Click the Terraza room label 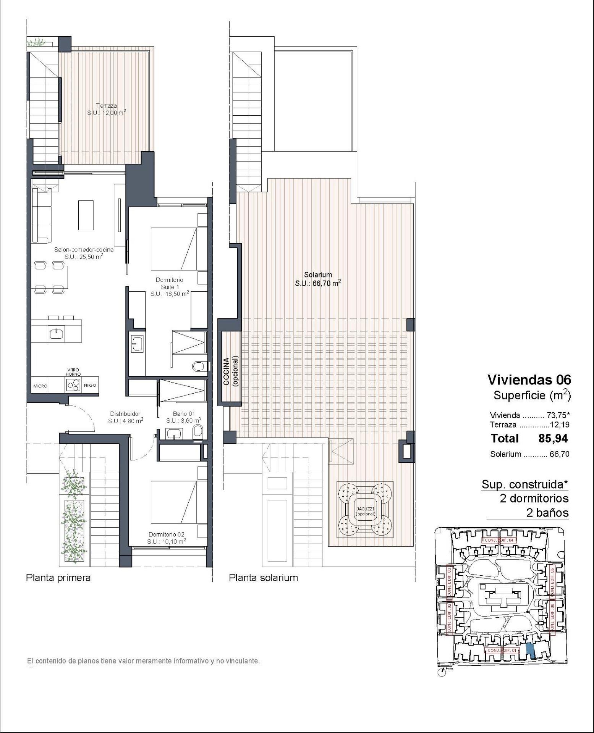point(107,109)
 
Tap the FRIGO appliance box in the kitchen point(91,386)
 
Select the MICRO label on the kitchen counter point(40,386)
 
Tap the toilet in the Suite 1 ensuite point(198,367)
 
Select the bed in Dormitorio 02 point(173,502)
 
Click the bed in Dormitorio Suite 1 point(174,249)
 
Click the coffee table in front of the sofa point(86,215)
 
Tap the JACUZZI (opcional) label point(366,511)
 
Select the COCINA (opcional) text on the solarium point(231,372)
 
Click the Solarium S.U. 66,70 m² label point(318,279)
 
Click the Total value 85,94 point(553,438)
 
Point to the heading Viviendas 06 point(529,379)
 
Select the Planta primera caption point(58,578)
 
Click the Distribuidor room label point(125,417)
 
